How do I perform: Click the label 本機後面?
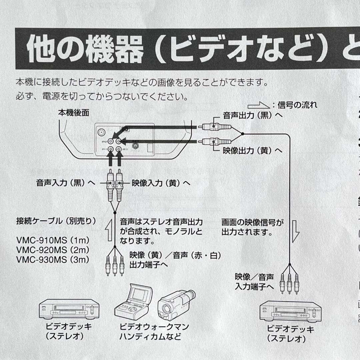[x=74, y=113]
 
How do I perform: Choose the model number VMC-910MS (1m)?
[x=53, y=240]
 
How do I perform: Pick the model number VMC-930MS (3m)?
[x=53, y=260]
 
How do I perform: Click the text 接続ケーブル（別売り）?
[x=56, y=221]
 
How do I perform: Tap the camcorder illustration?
[x=176, y=304]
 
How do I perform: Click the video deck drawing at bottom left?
[x=69, y=309]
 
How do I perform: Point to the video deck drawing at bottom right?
[x=290, y=311]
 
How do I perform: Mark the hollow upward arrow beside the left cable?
[x=109, y=230]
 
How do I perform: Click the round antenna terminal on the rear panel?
[x=100, y=132]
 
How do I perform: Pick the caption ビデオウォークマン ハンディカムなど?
[x=154, y=331]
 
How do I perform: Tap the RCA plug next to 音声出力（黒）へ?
[x=214, y=127]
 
